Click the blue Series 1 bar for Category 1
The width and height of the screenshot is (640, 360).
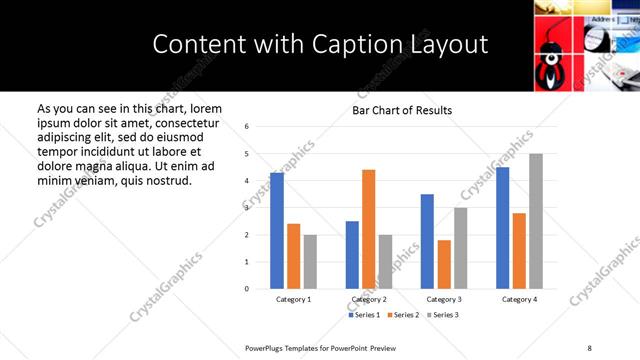[x=277, y=231]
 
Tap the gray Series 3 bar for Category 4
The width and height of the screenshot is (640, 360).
[x=535, y=221]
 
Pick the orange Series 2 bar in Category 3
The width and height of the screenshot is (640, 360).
[x=444, y=264]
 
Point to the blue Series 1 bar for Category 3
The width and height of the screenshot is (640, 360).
[x=427, y=241]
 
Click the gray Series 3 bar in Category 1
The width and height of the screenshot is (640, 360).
[x=310, y=262]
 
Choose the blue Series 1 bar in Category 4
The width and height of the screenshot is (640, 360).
[x=502, y=228]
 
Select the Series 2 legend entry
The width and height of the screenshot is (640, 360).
[x=404, y=315]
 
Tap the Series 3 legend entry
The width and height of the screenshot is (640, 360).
[x=442, y=315]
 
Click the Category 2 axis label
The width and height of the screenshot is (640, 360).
[x=369, y=299]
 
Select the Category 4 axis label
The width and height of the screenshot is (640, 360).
[x=519, y=299]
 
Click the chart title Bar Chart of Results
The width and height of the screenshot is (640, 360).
[x=402, y=110]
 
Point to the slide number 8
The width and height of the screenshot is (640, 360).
[x=590, y=347]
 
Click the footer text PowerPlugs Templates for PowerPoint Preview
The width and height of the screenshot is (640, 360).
[x=321, y=347]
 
